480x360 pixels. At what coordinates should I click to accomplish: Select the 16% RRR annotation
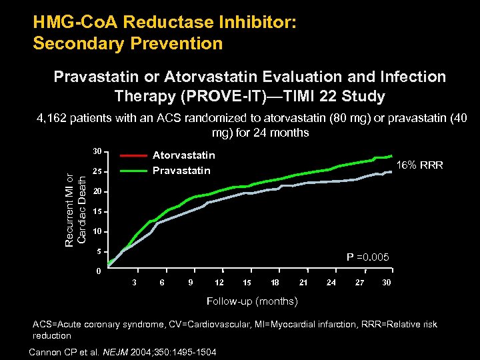click(420, 165)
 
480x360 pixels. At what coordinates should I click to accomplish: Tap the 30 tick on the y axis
click(97, 150)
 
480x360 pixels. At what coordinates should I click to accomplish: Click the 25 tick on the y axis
click(97, 172)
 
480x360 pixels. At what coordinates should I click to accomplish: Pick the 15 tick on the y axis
click(97, 212)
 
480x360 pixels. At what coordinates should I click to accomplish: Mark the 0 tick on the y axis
click(98, 271)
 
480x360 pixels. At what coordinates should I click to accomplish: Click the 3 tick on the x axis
click(135, 283)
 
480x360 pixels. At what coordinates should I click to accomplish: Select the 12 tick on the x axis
click(219, 283)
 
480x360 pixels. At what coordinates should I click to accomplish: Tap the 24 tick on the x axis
click(331, 283)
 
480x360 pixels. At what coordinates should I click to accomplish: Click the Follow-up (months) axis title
click(252, 301)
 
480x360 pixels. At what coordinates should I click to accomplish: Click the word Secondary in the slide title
click(71, 44)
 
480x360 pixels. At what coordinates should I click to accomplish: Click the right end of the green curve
click(391, 156)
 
